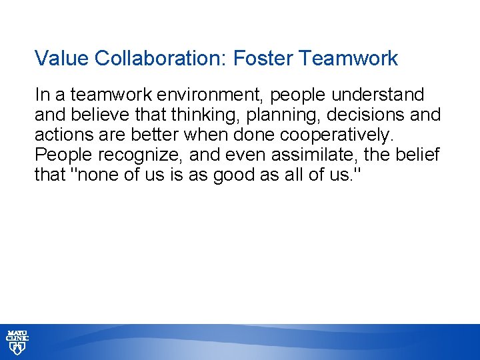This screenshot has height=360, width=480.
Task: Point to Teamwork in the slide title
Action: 349,59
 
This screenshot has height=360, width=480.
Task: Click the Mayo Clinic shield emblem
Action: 17,348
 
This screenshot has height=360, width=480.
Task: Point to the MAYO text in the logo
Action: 17,332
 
